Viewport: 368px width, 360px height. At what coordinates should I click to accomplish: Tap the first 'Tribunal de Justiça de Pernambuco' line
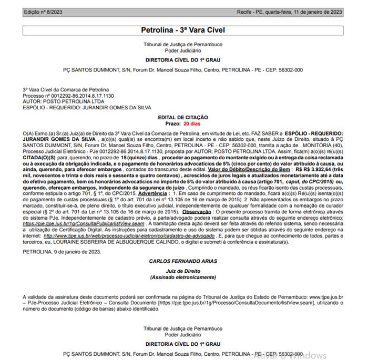[183, 45]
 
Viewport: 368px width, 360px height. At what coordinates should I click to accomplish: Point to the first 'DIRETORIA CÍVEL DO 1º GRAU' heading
[183, 59]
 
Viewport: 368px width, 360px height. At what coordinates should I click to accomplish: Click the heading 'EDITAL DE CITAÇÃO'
[183, 117]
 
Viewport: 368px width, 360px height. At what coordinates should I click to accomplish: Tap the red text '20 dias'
[192, 123]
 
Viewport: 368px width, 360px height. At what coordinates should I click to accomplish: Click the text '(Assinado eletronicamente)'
[183, 277]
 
